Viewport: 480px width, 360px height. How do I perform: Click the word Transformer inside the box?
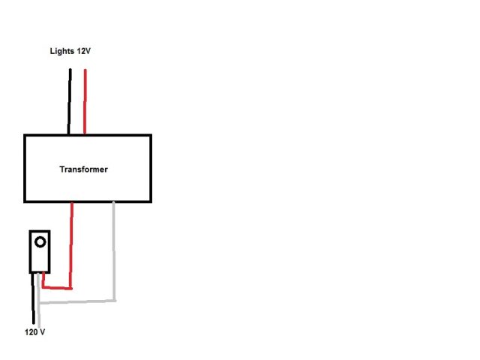[x=83, y=169]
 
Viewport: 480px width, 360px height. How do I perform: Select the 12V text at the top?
[x=83, y=51]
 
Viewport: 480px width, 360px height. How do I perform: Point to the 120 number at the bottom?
[x=31, y=331]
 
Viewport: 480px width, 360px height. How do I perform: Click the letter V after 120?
[x=43, y=331]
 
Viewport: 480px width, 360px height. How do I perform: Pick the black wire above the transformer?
[x=70, y=101]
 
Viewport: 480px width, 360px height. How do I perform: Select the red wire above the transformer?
[x=85, y=101]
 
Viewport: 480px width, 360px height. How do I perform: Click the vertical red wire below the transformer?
[x=71, y=244]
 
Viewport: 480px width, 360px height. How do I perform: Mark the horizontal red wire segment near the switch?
[x=57, y=287]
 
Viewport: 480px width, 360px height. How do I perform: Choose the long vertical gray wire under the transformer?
[x=114, y=251]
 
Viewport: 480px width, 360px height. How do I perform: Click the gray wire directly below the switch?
[x=39, y=289]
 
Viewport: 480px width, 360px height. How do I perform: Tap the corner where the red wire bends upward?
[x=71, y=287]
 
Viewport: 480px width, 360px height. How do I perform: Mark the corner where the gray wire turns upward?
[x=114, y=301]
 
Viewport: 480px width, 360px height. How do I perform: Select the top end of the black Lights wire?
[x=70, y=70]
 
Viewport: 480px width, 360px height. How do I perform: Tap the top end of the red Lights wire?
[x=85, y=70]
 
